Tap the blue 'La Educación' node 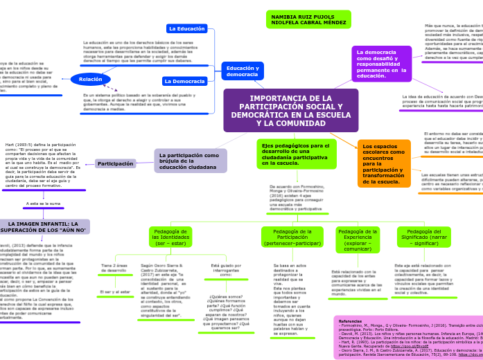pyautogui.click(x=186, y=28)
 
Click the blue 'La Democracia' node pyautogui.click(x=184, y=81)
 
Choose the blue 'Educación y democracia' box pyautogui.click(x=242, y=71)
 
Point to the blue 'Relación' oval pyautogui.click(x=90, y=80)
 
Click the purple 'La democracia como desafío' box pyautogui.click(x=381, y=64)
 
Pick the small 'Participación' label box pyautogui.click(x=115, y=164)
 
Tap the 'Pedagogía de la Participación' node pyautogui.click(x=292, y=237)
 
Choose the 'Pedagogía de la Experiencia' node pyautogui.click(x=358, y=237)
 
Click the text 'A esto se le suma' pyautogui.click(x=44, y=204)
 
